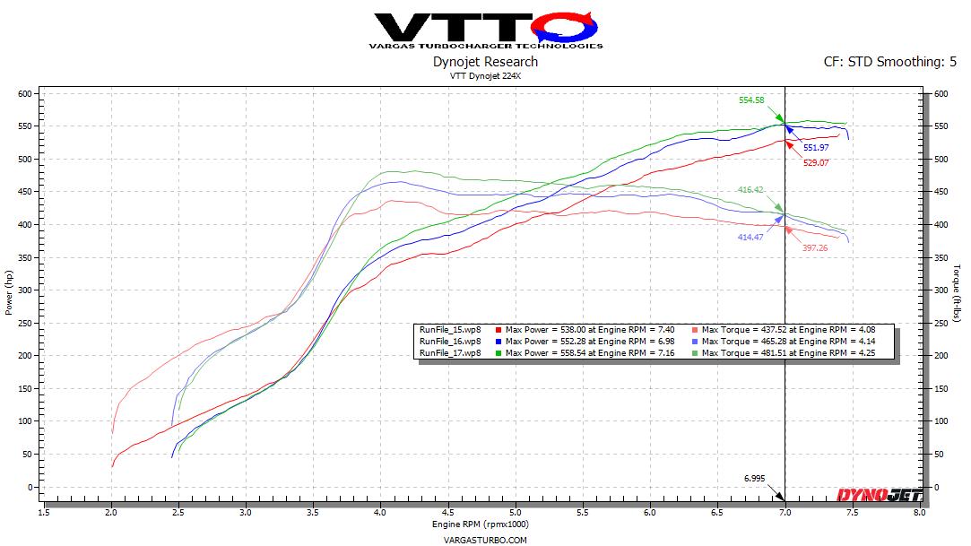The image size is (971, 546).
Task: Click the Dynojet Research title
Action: pyautogui.click(x=485, y=62)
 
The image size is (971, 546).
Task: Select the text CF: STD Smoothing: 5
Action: pyautogui.click(x=884, y=62)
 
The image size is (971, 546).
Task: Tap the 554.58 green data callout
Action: pyautogui.click(x=752, y=100)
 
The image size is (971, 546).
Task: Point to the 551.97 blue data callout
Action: pyautogui.click(x=815, y=146)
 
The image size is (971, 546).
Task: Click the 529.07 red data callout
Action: pyautogui.click(x=815, y=163)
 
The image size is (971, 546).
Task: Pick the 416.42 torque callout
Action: pyautogui.click(x=752, y=190)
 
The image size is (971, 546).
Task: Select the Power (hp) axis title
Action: pyautogui.click(x=8, y=293)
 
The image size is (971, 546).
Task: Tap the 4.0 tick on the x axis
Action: pyautogui.click(x=380, y=513)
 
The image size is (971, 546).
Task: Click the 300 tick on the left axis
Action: pyautogui.click(x=24, y=290)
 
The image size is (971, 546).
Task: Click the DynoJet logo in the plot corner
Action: pyautogui.click(x=869, y=495)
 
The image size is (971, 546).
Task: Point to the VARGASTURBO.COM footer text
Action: pyautogui.click(x=485, y=540)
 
